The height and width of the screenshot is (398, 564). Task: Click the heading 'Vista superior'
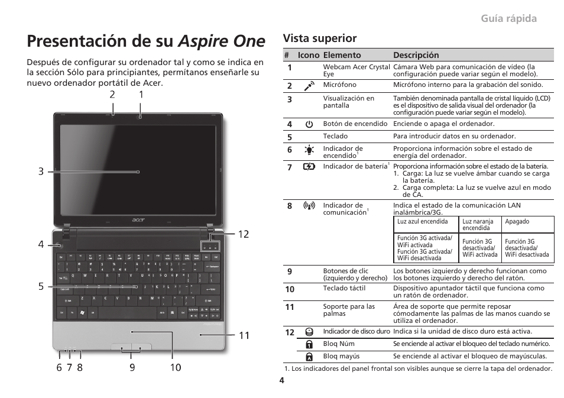click(x=320, y=38)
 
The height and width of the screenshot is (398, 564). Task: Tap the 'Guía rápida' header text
click(x=509, y=18)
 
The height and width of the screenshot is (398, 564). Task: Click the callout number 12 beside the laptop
click(x=244, y=234)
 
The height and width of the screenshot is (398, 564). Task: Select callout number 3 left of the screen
click(x=41, y=172)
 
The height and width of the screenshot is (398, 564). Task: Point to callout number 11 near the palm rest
click(x=244, y=335)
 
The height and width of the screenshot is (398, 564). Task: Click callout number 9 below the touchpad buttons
click(x=132, y=367)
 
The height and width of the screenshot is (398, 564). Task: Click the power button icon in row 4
click(x=309, y=124)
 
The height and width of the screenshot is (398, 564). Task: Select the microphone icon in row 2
click(x=309, y=86)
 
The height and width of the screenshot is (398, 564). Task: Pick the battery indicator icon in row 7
click(x=309, y=167)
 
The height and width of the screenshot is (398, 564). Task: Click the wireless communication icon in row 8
click(x=309, y=206)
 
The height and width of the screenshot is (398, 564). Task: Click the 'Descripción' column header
click(x=416, y=55)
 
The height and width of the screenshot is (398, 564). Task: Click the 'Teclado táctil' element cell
click(x=344, y=289)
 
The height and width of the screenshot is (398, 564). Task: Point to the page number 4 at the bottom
click(x=282, y=380)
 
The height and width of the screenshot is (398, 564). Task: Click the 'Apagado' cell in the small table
click(x=517, y=222)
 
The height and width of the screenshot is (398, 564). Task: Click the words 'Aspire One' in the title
click(x=222, y=41)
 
